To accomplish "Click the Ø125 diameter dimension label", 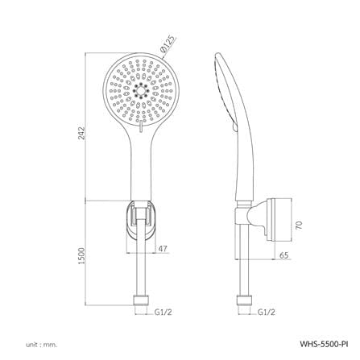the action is [168, 43].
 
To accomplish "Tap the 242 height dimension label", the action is [81, 133].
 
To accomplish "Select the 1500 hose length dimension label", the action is [81, 255].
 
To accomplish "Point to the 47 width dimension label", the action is [163, 249].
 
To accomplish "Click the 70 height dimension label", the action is [298, 225].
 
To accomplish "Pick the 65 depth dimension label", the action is [283, 255].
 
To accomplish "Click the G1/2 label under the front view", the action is [163, 312].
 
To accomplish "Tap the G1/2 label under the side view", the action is [267, 312].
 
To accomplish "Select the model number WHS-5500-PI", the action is [324, 344].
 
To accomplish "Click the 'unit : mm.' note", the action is [41, 345].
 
